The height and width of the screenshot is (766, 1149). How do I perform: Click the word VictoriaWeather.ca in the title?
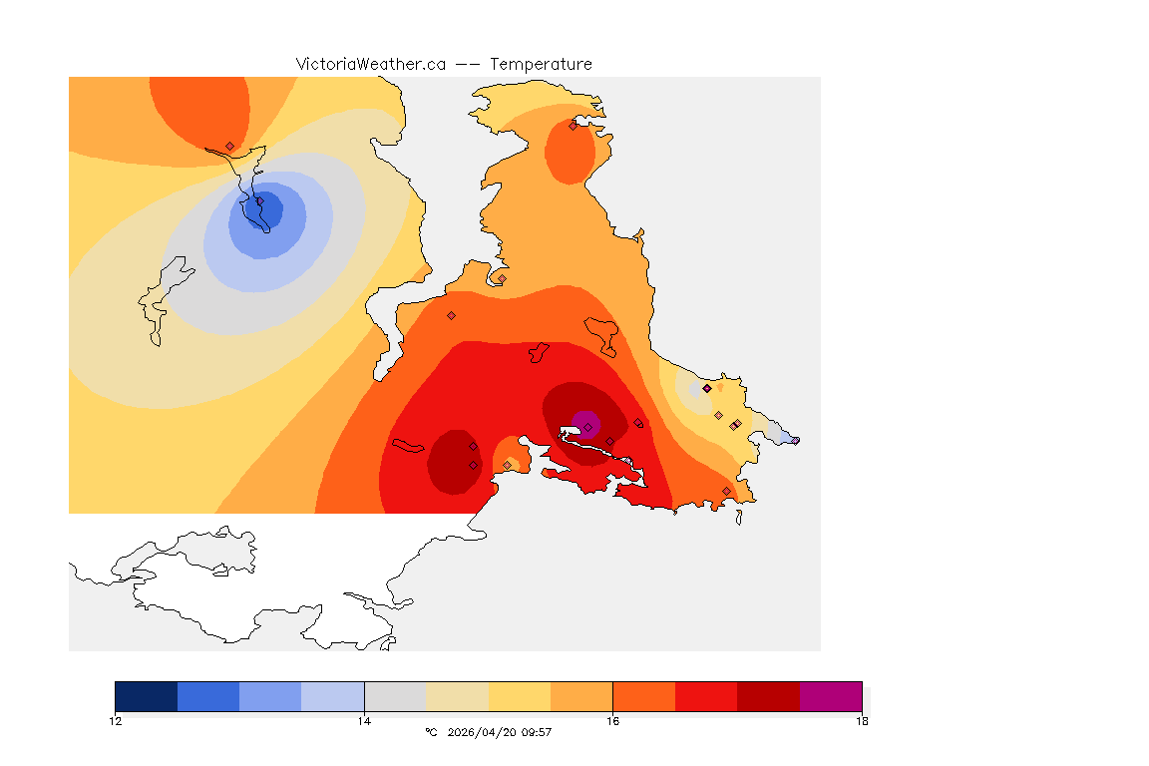coord(370,64)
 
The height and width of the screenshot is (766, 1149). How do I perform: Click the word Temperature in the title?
coord(541,64)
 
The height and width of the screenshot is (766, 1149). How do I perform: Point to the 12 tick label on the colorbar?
coord(116,720)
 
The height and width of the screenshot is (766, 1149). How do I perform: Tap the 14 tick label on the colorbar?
coord(364,720)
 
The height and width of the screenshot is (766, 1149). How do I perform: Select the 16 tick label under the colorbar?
coord(612,720)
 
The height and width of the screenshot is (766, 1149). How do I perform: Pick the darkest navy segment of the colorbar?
coord(147,696)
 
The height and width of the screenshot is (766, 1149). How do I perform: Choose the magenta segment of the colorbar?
coord(831,696)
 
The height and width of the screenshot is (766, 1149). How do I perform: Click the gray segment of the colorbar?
coord(395,696)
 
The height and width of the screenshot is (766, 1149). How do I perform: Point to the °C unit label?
coord(431,732)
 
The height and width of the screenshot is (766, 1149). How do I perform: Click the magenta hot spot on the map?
coord(584,423)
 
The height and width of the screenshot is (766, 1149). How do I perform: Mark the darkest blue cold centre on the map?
coord(266,210)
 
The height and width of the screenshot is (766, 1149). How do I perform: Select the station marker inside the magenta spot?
coord(588,428)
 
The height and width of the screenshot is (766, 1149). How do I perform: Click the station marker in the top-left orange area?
coord(229,146)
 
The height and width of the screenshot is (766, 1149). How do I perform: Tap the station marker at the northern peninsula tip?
coord(573,126)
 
